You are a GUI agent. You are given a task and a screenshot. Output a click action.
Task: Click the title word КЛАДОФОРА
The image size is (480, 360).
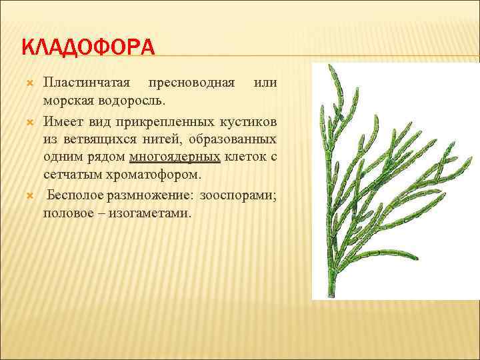[x=88, y=48]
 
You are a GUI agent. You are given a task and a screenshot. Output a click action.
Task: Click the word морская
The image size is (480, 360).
[x=69, y=99]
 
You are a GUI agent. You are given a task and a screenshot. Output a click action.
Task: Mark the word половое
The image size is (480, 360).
[x=69, y=213]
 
